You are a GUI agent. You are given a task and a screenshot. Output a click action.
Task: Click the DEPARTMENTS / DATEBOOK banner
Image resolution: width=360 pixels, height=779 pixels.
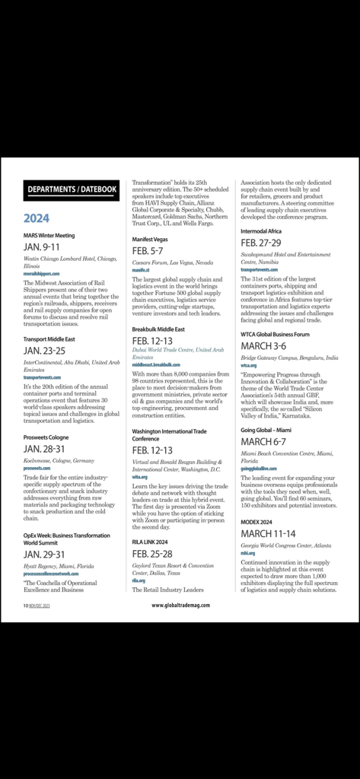coord(72,189)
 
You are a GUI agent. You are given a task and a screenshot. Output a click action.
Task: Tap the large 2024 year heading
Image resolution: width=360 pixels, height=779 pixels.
coord(37,219)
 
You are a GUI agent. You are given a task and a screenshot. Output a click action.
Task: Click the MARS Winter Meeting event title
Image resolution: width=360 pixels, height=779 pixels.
coord(49,236)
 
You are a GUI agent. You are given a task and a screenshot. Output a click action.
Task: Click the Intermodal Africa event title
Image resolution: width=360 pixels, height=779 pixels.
coord(261,231)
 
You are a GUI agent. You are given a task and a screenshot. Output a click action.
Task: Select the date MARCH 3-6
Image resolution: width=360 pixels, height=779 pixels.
coord(263,345)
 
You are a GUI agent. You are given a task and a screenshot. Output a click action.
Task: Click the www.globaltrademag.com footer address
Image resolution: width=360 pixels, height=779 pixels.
coord(180,606)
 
